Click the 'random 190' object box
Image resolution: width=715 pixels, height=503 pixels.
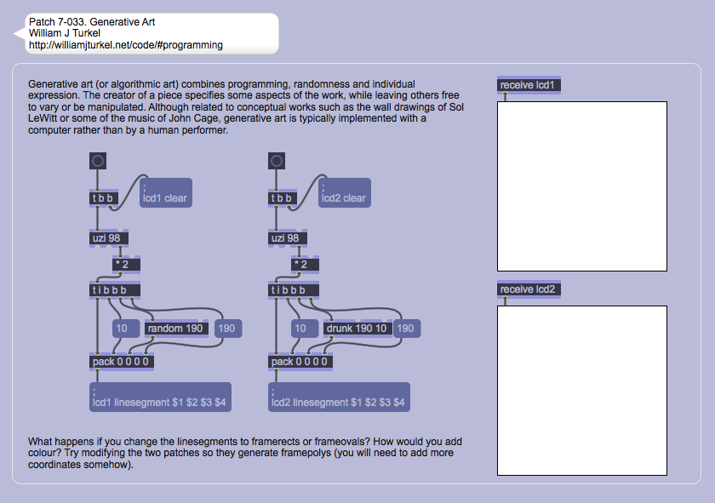coord(176,329)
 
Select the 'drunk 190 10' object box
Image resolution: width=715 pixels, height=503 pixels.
coord(357,329)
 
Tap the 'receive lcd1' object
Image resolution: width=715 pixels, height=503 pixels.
coord(529,85)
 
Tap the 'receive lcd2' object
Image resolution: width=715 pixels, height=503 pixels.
coord(529,289)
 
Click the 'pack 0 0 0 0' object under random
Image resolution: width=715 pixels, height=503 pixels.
coord(122,362)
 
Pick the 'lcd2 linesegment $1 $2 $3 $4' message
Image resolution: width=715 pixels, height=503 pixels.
coord(339,397)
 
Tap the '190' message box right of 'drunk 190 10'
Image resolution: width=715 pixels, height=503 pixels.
coord(406,329)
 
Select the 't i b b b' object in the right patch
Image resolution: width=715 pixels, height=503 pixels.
coord(289,289)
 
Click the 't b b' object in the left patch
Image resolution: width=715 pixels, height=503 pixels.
coord(102,198)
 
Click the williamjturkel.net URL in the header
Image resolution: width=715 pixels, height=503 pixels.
coord(126,45)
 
